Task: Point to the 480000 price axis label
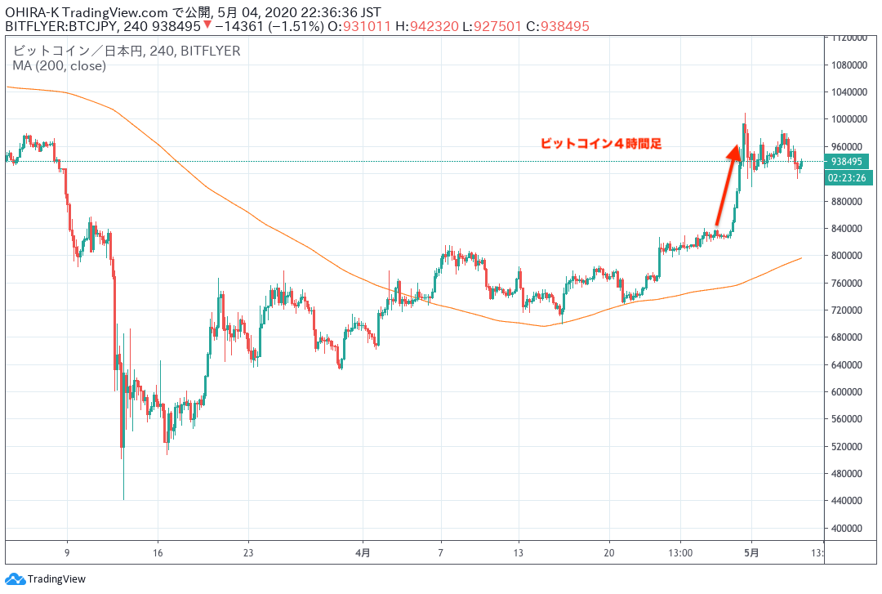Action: click(848, 473)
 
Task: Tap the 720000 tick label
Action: click(848, 310)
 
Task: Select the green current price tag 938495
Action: click(849, 162)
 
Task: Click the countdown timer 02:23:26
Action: click(849, 176)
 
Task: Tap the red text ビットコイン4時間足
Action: click(600, 144)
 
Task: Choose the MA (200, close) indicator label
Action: click(59, 66)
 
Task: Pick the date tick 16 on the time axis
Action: click(158, 552)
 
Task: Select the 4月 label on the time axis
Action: click(363, 552)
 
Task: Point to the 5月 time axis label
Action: click(752, 552)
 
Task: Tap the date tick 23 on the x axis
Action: click(249, 552)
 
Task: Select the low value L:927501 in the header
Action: click(488, 27)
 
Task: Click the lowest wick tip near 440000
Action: click(123, 498)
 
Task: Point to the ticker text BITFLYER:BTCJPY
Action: click(62, 27)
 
